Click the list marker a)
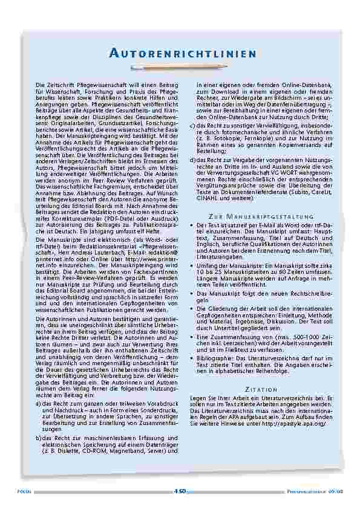[39, 403]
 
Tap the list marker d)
[192, 159]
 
